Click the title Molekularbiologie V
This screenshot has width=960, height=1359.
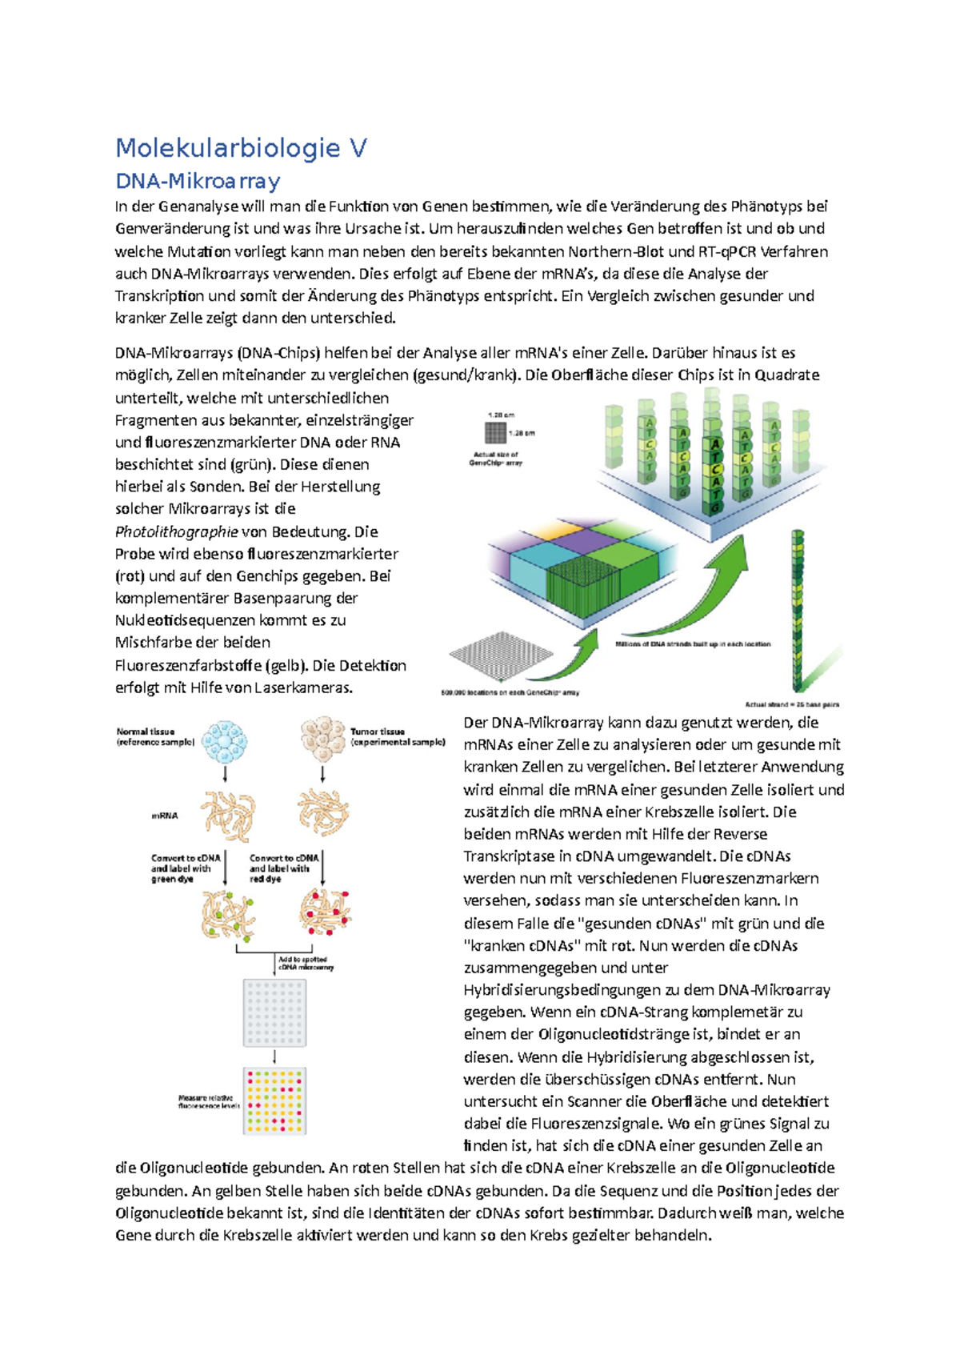pyautogui.click(x=241, y=148)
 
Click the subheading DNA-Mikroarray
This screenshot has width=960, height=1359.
pyautogui.click(x=198, y=181)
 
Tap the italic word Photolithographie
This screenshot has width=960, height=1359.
pyautogui.click(x=176, y=531)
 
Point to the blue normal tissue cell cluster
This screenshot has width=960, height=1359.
pyautogui.click(x=225, y=741)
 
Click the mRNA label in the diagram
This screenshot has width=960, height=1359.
pyautogui.click(x=164, y=816)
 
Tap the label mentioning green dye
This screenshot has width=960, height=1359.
pyautogui.click(x=185, y=868)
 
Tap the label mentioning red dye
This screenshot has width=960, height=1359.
pyautogui.click(x=283, y=868)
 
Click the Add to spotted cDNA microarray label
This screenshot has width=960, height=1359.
pyautogui.click(x=305, y=963)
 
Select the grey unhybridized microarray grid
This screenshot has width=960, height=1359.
pyautogui.click(x=274, y=1012)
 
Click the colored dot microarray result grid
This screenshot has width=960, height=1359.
pyautogui.click(x=274, y=1100)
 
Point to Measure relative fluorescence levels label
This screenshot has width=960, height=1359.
pyautogui.click(x=208, y=1101)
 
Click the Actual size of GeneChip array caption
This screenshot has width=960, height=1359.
pyautogui.click(x=495, y=458)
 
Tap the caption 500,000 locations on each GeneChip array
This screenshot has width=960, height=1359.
pyautogui.click(x=510, y=692)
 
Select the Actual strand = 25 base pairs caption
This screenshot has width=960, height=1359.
pyautogui.click(x=791, y=704)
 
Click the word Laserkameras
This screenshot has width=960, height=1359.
pyautogui.click(x=302, y=688)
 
